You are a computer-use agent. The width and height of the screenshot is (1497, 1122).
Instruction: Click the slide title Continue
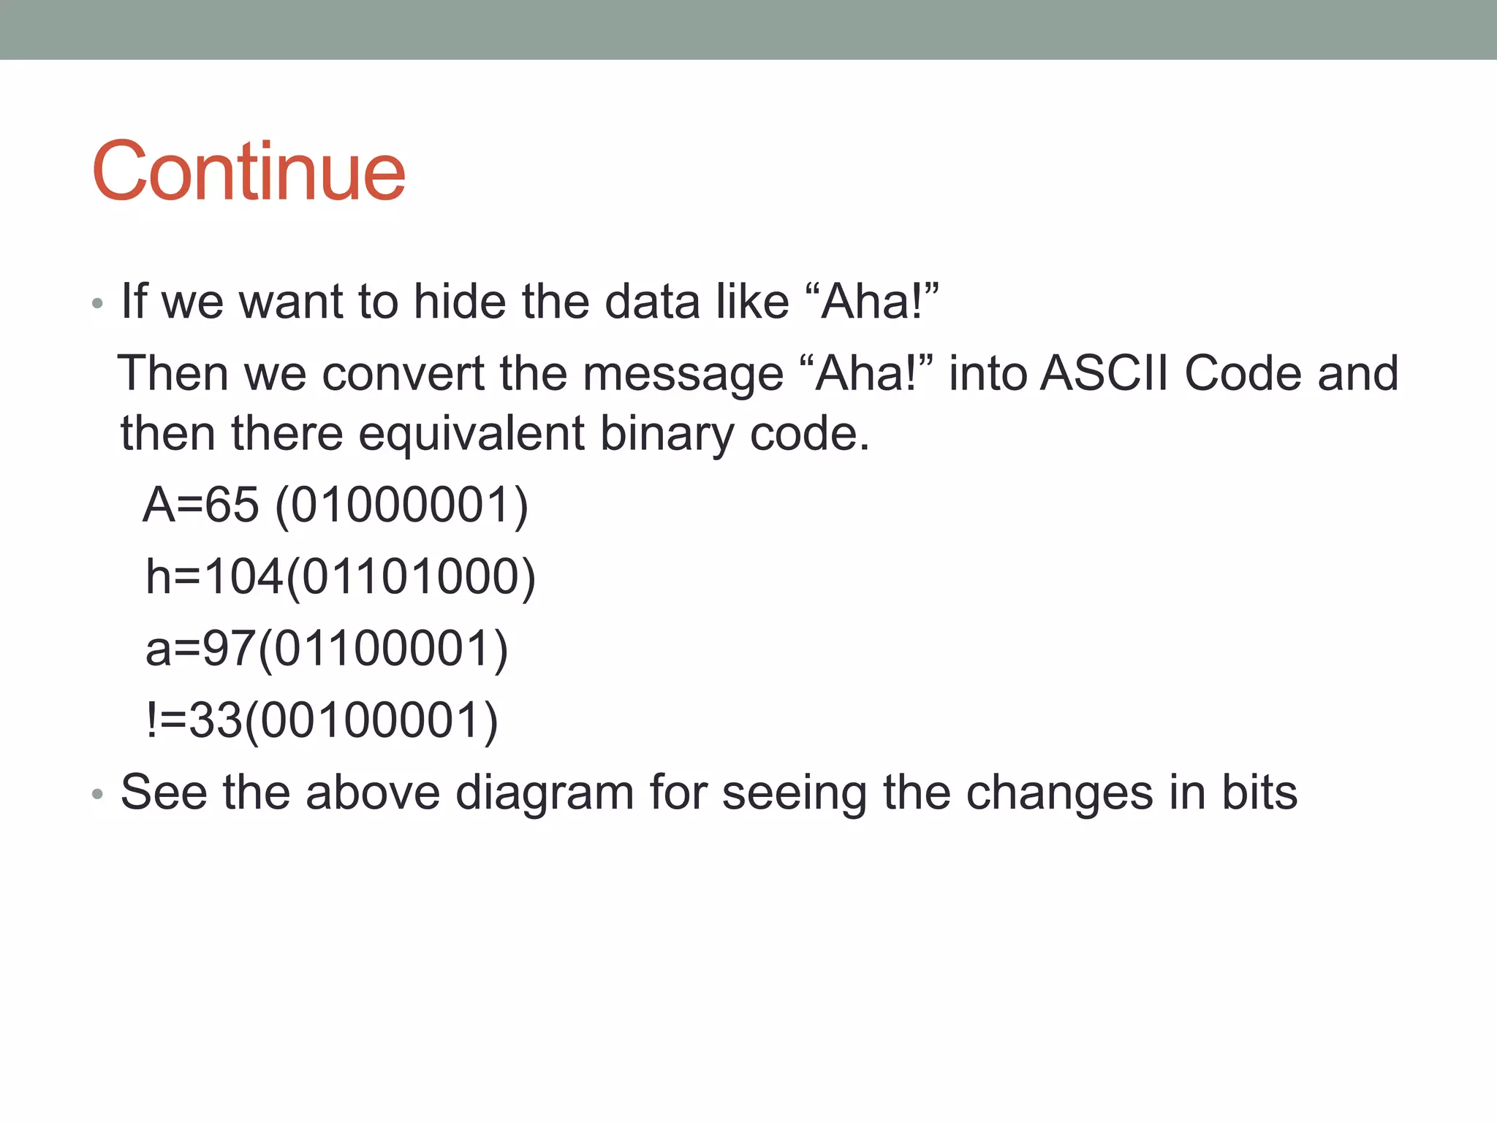[249, 172]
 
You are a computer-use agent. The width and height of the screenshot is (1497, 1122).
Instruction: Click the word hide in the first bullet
[459, 301]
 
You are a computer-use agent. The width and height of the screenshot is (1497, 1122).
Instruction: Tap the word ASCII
[1104, 373]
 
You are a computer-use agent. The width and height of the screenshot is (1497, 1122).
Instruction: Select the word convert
[403, 373]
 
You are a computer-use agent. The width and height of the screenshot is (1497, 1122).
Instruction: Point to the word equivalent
[471, 433]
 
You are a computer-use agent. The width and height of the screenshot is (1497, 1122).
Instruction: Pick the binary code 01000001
[401, 505]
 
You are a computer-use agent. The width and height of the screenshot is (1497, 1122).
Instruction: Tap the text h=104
[214, 576]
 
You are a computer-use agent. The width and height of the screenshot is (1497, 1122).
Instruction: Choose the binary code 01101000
[410, 576]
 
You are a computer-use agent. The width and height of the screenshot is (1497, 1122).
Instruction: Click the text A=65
[201, 505]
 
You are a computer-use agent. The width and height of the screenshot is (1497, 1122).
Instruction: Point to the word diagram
[544, 793]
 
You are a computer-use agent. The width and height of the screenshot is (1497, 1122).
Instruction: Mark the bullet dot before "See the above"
[97, 794]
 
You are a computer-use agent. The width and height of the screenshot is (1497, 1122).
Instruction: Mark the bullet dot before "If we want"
[97, 303]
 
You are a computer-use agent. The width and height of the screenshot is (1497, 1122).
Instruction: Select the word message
[683, 373]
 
